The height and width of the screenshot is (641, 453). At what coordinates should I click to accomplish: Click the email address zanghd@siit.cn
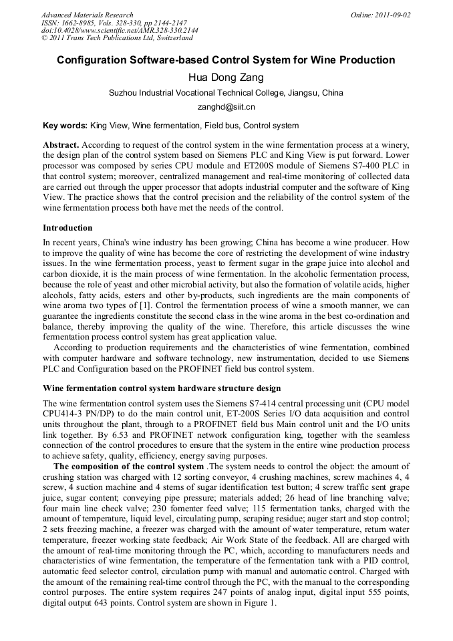point(226,106)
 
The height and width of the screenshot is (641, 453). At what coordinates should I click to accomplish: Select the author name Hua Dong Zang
point(226,78)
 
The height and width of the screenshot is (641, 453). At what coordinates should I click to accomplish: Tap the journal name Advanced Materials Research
point(87,15)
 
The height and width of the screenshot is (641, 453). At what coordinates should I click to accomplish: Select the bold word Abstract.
point(61,145)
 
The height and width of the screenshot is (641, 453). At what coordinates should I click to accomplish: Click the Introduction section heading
point(67,228)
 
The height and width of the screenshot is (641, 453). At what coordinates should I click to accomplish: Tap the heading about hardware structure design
point(162,388)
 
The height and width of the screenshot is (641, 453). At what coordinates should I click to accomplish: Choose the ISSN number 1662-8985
point(79,23)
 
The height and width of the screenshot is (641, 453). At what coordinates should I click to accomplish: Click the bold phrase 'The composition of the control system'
point(128,467)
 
